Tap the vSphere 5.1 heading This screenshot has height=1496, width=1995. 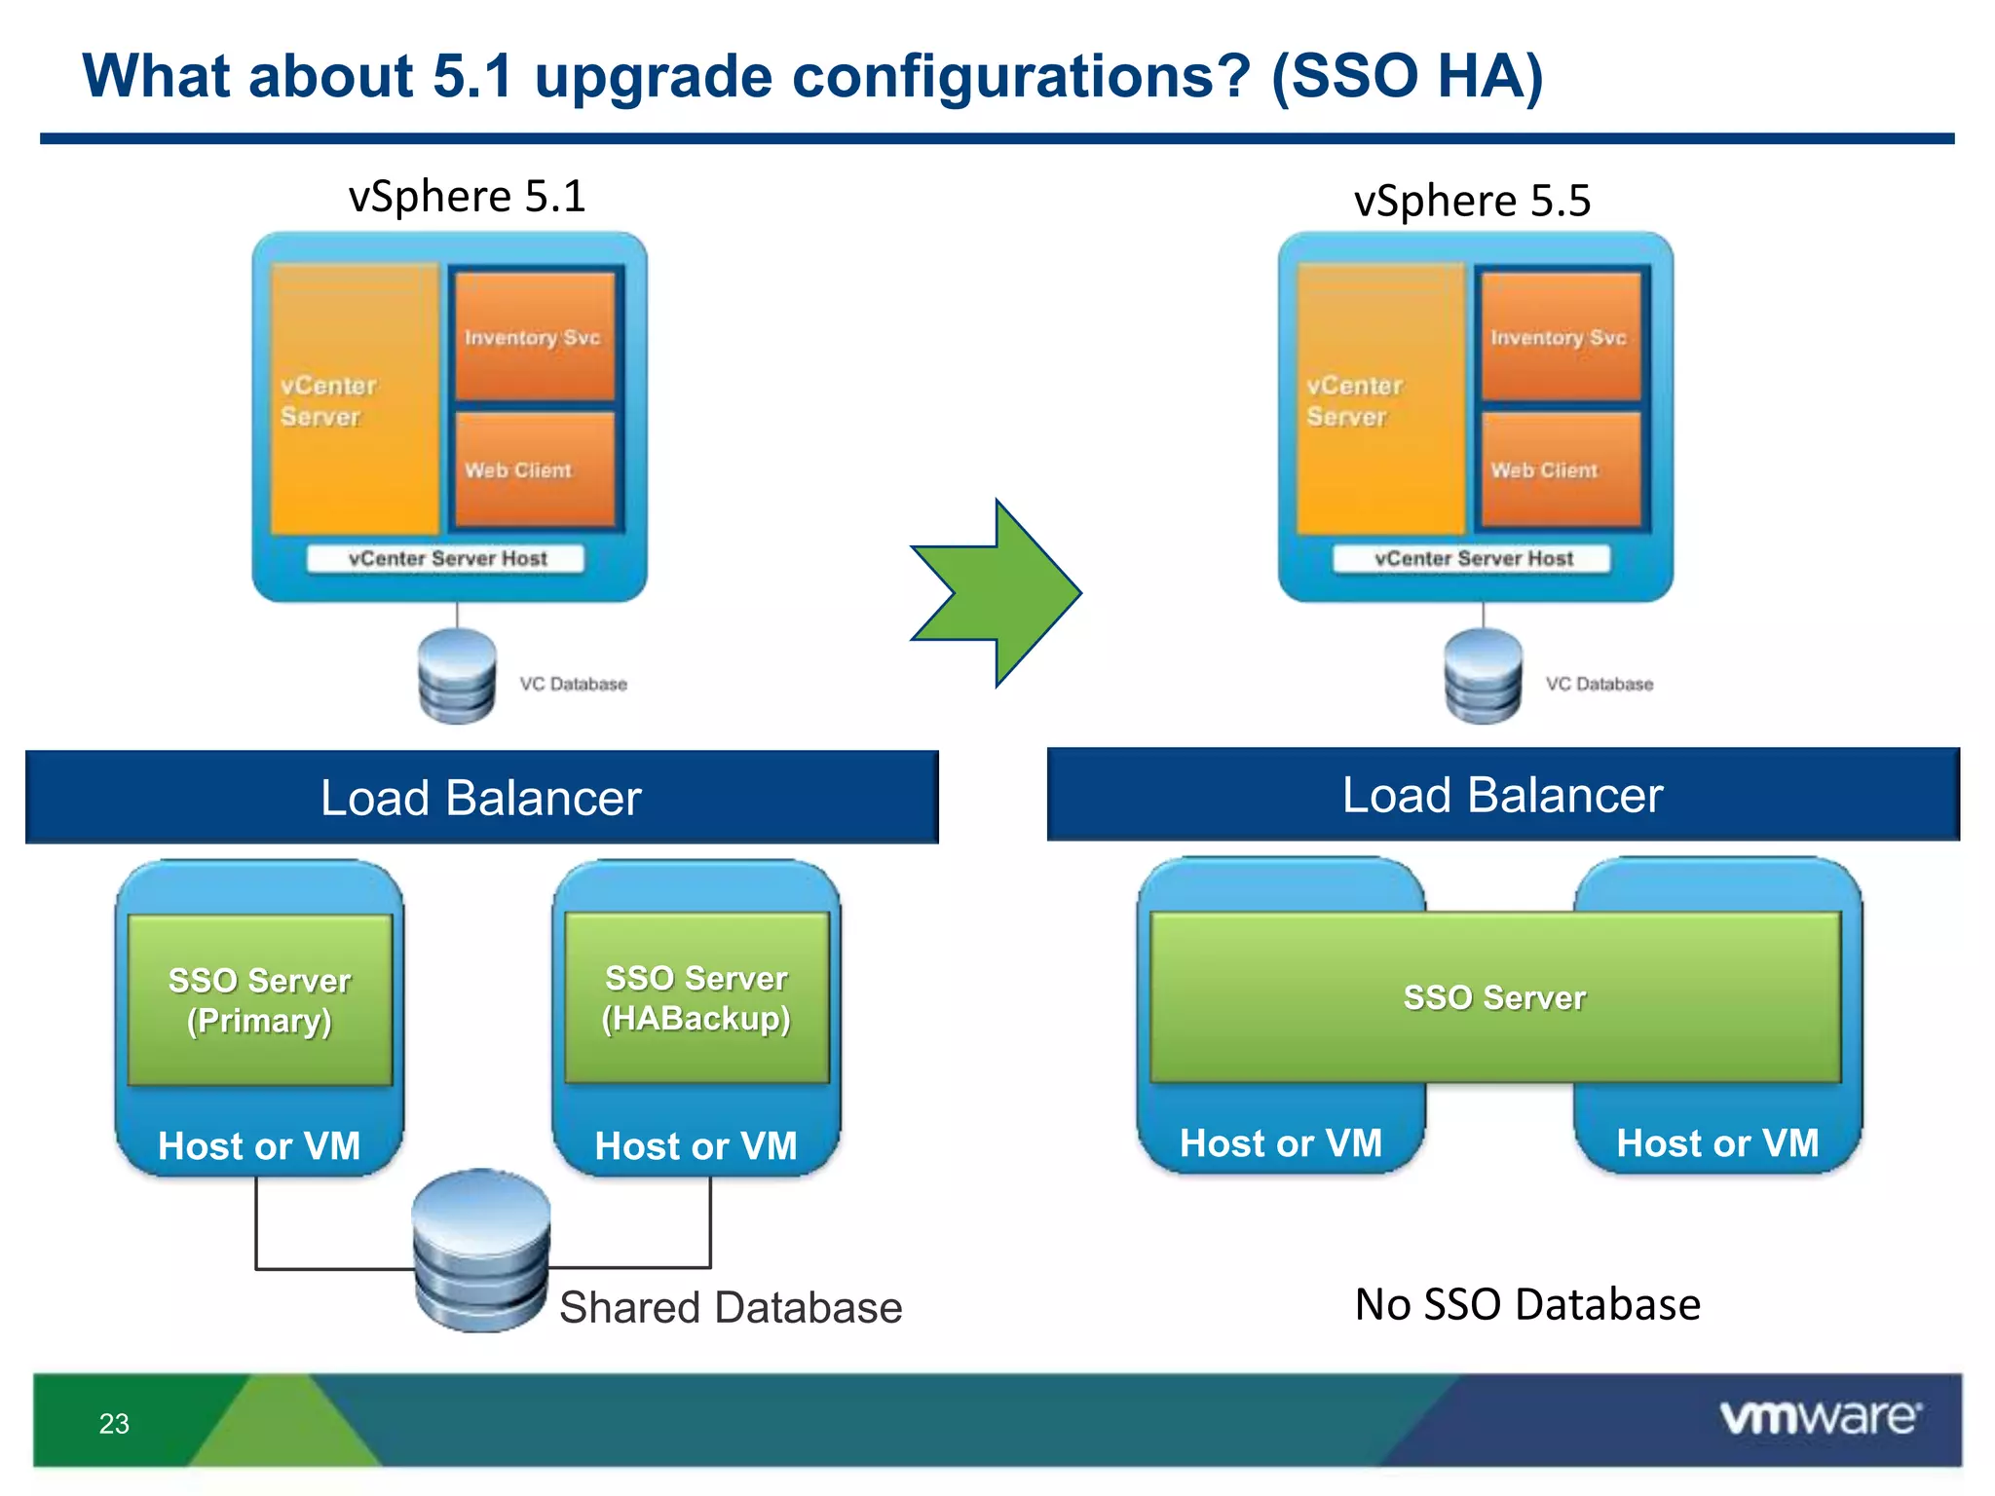pos(467,197)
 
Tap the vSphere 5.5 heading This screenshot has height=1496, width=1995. pos(1471,201)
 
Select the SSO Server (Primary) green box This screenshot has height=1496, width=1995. pos(259,999)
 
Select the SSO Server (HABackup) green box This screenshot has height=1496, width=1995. pos(696,997)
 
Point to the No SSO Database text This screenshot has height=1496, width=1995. pos(1526,1304)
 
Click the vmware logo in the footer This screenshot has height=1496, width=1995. pos(1819,1417)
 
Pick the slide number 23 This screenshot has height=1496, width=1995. pos(114,1424)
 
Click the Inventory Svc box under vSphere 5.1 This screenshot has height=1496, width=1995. pos(533,337)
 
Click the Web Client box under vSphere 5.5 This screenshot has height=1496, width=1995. pos(1559,469)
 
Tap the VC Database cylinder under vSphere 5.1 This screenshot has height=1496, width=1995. pos(457,676)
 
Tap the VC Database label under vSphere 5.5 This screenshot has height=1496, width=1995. pos(1599,684)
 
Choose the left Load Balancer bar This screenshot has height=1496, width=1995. pos(481,797)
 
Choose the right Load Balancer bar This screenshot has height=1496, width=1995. pos(1502,795)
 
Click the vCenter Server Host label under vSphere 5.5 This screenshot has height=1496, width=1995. pos(1472,558)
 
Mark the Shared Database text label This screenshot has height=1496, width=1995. pos(730,1307)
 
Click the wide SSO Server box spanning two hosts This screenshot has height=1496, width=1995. pos(1494,997)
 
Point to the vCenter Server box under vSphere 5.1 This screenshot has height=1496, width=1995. pos(354,399)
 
